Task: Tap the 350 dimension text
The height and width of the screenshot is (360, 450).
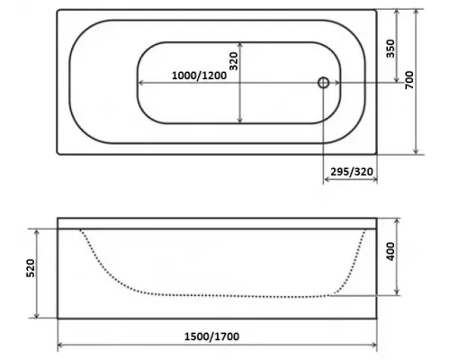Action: click(x=391, y=48)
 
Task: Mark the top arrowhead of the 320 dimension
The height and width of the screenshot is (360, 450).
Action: click(x=240, y=44)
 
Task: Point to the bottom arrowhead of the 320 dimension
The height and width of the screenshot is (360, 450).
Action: click(x=240, y=121)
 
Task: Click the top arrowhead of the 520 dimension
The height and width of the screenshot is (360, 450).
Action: click(x=37, y=230)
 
